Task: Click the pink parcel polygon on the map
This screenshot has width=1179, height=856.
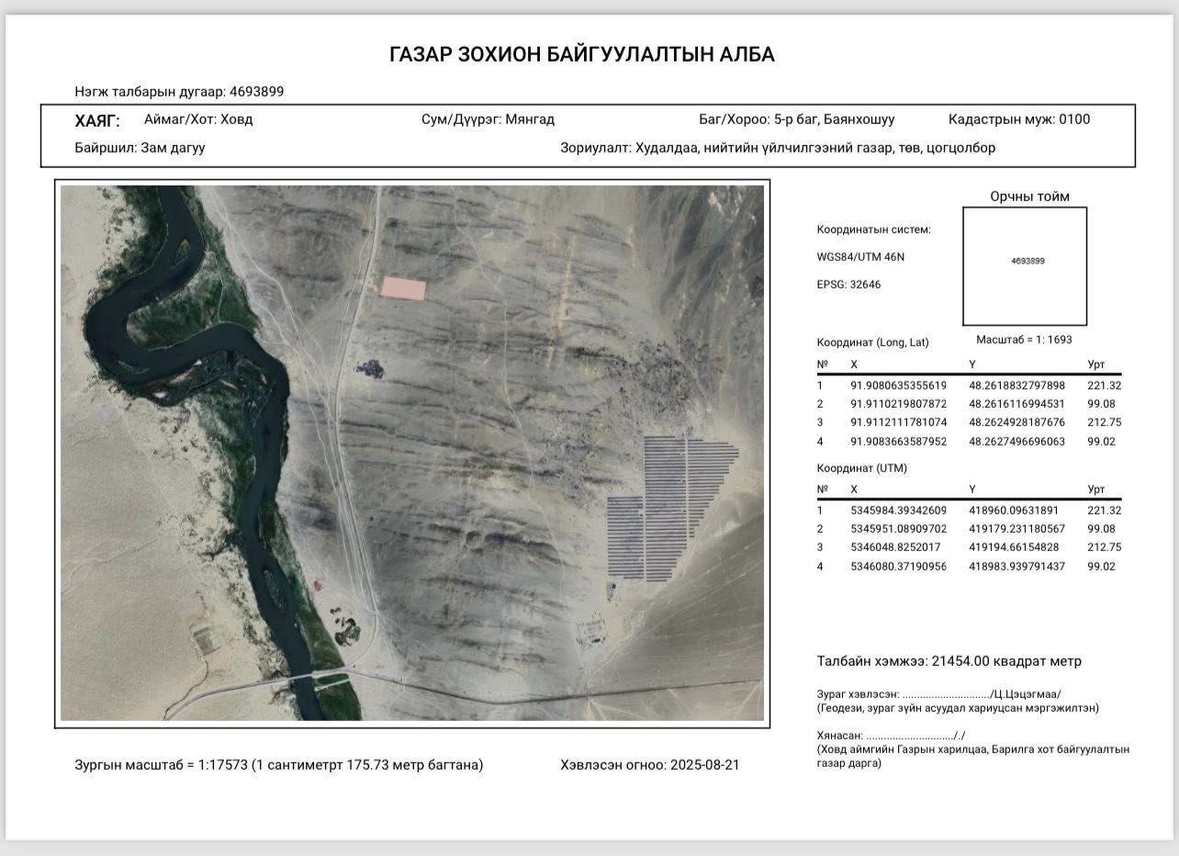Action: click(404, 287)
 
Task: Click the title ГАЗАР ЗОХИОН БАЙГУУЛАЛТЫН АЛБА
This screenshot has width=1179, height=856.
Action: click(582, 55)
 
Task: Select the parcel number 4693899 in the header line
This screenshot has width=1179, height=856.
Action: click(256, 92)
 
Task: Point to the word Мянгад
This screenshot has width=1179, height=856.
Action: click(530, 119)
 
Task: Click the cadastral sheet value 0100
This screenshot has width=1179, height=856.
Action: click(1074, 119)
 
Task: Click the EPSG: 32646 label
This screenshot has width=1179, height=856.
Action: click(848, 285)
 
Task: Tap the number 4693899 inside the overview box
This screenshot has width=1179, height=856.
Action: click(1027, 261)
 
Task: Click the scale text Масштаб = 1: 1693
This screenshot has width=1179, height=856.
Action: click(1024, 340)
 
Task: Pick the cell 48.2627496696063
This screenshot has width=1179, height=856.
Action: click(1016, 441)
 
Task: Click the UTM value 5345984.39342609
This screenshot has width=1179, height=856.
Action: click(898, 511)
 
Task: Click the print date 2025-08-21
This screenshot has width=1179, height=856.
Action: click(704, 765)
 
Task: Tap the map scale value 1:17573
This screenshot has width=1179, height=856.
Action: click(223, 765)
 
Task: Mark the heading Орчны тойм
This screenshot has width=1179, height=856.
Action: click(1029, 197)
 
